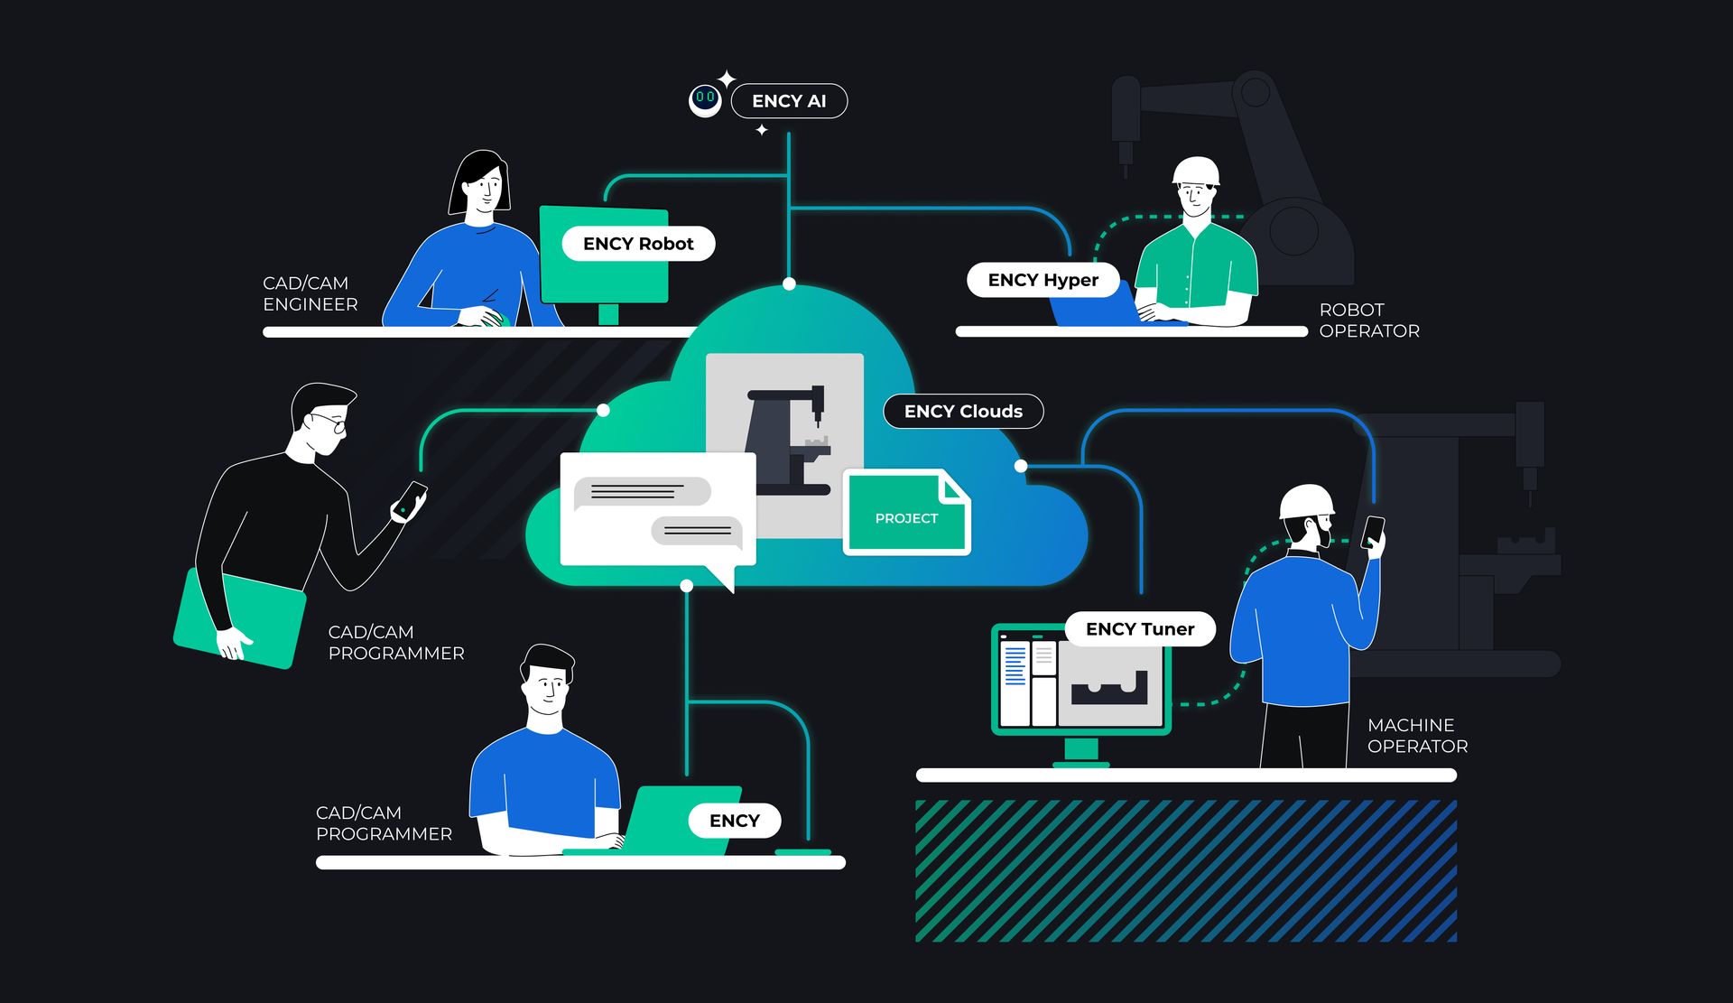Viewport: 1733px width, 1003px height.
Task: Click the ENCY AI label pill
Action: [x=789, y=101]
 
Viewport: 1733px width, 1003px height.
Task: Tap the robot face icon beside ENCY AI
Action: [x=705, y=99]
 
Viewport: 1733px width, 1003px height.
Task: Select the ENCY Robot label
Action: [x=638, y=244]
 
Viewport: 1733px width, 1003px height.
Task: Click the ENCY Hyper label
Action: [x=1043, y=280]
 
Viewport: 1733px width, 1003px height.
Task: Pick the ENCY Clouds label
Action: [x=963, y=412]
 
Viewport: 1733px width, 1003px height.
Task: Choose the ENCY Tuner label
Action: [x=1140, y=629]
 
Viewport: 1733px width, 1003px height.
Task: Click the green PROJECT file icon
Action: [x=906, y=512]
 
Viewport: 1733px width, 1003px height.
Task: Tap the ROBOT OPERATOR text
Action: [x=1368, y=320]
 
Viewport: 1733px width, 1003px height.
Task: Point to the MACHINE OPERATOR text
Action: [x=1416, y=736]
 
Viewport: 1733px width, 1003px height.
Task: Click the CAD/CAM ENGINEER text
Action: [x=310, y=294]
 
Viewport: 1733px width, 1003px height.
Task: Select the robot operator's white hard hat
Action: [x=1196, y=171]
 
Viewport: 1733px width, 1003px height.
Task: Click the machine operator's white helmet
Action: [x=1306, y=501]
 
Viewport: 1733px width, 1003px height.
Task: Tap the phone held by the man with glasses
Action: [x=412, y=499]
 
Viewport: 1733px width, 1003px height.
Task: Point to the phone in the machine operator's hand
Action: [x=1373, y=531]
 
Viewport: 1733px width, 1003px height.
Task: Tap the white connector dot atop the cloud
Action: [x=789, y=284]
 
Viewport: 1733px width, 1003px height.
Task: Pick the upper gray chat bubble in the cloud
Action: [x=642, y=492]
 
